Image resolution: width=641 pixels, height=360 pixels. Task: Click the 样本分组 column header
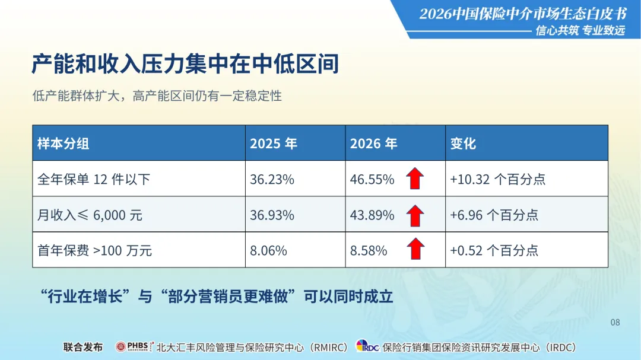pyautogui.click(x=64, y=144)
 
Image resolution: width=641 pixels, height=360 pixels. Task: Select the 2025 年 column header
pyautogui.click(x=274, y=144)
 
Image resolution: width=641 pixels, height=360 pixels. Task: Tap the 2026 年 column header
pyautogui.click(x=374, y=144)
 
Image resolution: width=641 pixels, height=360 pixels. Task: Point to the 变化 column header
pyautogui.click(x=463, y=144)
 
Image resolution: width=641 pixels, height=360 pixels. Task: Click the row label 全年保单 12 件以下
pyautogui.click(x=94, y=179)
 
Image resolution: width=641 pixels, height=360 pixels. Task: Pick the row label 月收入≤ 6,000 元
pyautogui.click(x=90, y=215)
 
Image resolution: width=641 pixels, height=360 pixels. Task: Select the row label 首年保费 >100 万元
pyautogui.click(x=94, y=250)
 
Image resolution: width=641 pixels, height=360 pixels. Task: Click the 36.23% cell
pyautogui.click(x=272, y=179)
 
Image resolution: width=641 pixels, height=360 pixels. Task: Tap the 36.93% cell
pyautogui.click(x=272, y=215)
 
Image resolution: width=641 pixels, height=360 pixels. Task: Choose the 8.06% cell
pyautogui.click(x=268, y=250)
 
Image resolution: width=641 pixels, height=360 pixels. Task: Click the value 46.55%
pyautogui.click(x=372, y=179)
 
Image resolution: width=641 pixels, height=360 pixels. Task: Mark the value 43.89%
pyautogui.click(x=372, y=215)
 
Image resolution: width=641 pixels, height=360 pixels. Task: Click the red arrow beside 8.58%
pyautogui.click(x=415, y=249)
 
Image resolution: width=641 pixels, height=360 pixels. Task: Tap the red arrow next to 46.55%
pyautogui.click(x=415, y=178)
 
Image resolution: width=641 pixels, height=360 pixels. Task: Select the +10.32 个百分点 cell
pyautogui.click(x=497, y=179)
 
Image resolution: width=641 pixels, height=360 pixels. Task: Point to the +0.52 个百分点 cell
pyautogui.click(x=494, y=250)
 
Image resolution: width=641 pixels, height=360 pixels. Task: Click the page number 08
pyautogui.click(x=615, y=323)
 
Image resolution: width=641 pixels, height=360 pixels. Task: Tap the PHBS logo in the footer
pyautogui.click(x=135, y=346)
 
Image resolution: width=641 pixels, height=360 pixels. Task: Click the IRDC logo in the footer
pyautogui.click(x=367, y=346)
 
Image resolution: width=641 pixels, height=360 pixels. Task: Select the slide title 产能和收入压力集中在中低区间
pyautogui.click(x=185, y=64)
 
